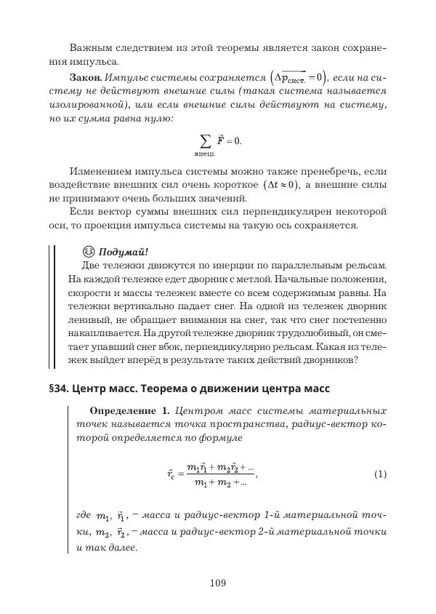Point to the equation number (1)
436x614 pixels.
tap(380, 474)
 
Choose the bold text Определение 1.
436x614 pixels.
tap(128, 411)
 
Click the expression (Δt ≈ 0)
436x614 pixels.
tap(281, 185)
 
